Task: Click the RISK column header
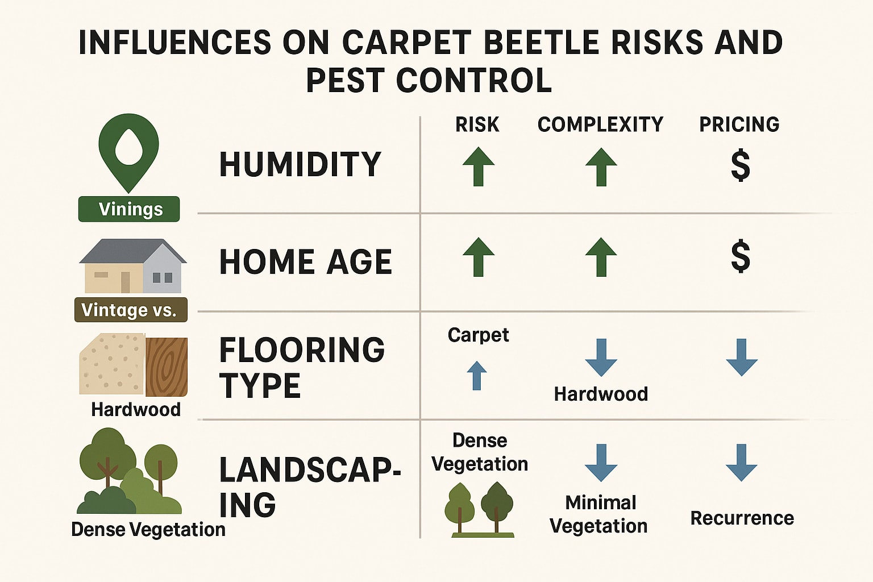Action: point(477,124)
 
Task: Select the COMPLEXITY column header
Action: point(600,124)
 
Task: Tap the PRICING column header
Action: point(739,124)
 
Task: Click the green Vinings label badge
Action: point(129,209)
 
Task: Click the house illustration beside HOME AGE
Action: point(132,266)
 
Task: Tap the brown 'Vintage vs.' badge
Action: point(130,310)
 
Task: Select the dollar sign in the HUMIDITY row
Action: point(740,165)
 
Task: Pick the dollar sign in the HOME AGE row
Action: point(740,256)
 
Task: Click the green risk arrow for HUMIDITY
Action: point(478,167)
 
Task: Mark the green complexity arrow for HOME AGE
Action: point(601,257)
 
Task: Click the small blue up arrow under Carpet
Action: point(477,376)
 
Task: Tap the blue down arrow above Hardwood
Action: point(601,357)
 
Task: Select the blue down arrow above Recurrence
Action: point(741,462)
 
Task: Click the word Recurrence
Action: point(742,518)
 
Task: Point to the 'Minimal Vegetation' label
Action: point(599,514)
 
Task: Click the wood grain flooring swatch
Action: point(167,367)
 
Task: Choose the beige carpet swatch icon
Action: point(111,364)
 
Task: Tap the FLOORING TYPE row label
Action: point(302,368)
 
